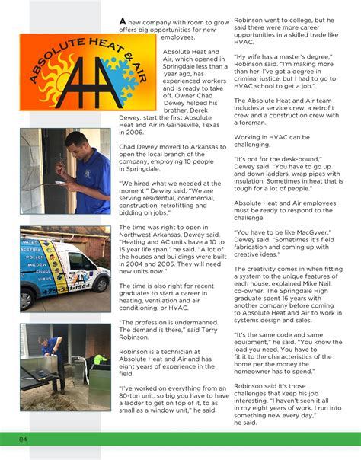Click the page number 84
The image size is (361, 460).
24,439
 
